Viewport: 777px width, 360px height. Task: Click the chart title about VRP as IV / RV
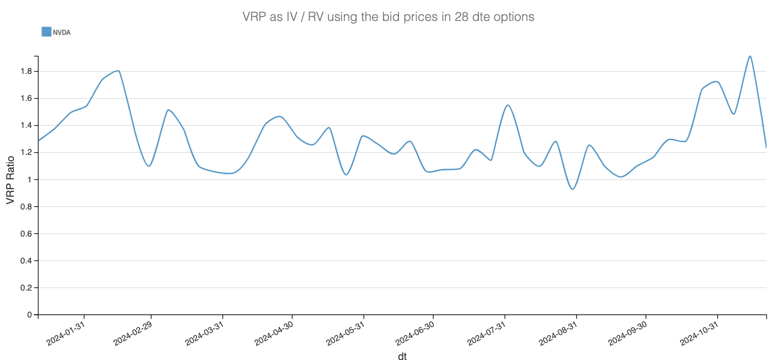(388, 17)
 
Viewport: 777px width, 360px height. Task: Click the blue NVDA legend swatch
(46, 32)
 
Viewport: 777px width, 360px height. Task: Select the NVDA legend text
(62, 33)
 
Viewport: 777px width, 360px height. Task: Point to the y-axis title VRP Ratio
(10, 184)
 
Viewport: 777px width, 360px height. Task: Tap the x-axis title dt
(402, 356)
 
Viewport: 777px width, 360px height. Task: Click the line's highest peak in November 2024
(750, 56)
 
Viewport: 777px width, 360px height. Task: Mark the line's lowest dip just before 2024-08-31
(573, 189)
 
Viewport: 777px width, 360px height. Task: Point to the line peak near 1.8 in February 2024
(118, 71)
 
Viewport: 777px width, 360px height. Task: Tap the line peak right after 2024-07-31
(508, 105)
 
